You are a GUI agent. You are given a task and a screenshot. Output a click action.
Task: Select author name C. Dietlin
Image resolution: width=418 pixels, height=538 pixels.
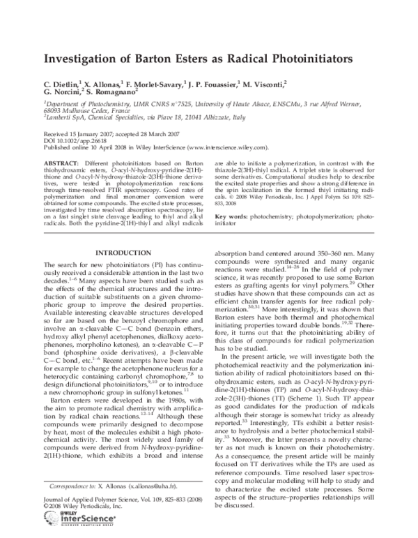61,83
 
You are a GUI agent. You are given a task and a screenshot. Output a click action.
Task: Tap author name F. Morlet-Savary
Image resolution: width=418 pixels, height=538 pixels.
154,83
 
